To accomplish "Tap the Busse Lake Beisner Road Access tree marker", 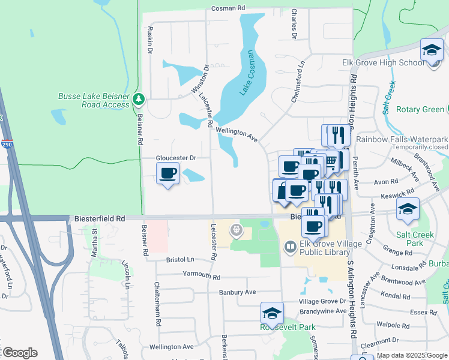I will [139, 98].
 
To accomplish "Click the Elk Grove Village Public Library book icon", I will [291, 247].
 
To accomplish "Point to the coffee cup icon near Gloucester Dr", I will [167, 174].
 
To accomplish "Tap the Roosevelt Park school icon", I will [271, 313].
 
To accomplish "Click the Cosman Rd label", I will [229, 8].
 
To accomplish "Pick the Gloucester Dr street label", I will [176, 158].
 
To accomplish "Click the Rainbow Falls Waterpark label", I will [402, 139].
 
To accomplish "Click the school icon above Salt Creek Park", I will [408, 210].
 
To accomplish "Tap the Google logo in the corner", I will [19, 352].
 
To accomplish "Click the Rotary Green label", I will [420, 110].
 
